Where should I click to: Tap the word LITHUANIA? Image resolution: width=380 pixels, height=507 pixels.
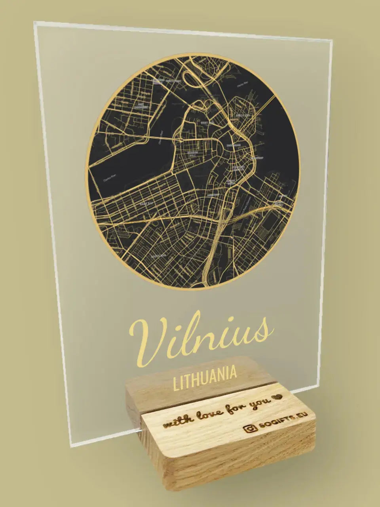tap(205, 374)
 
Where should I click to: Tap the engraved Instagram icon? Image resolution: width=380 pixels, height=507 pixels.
tap(249, 429)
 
